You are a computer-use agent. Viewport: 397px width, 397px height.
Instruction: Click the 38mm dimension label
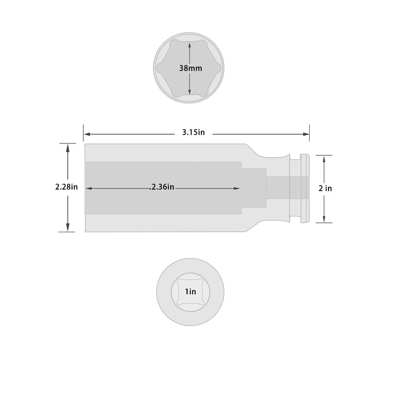[x=191, y=68]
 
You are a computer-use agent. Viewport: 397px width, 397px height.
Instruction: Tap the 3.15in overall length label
[x=194, y=132]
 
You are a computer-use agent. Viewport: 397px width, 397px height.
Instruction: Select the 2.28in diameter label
[x=66, y=187]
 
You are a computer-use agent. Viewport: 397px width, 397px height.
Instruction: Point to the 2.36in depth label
[x=162, y=187]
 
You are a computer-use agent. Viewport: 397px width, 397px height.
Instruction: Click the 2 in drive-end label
[x=325, y=189]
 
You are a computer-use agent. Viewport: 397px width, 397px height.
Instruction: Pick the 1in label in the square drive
[x=191, y=292]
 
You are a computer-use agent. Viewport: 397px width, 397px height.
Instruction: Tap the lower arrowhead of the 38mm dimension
[x=190, y=91]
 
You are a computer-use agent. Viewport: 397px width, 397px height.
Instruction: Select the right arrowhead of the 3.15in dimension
[x=306, y=134]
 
